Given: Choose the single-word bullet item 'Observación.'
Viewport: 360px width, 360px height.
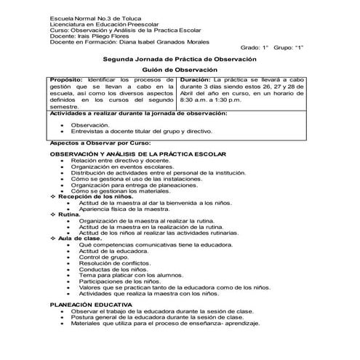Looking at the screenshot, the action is (x=90, y=125).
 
